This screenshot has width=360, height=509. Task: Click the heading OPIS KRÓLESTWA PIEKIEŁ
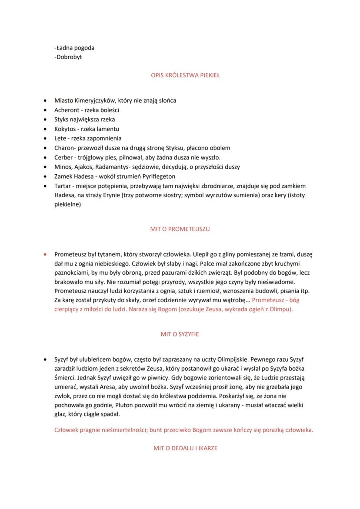(180, 75)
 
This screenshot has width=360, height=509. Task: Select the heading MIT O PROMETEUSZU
(180, 229)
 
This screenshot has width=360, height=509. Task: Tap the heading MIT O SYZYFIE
(180, 335)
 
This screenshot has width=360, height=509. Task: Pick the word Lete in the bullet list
(60, 139)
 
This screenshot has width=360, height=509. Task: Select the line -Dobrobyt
(68, 57)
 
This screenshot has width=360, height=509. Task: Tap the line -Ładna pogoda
(74, 48)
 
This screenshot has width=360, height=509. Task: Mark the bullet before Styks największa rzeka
(46, 120)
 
